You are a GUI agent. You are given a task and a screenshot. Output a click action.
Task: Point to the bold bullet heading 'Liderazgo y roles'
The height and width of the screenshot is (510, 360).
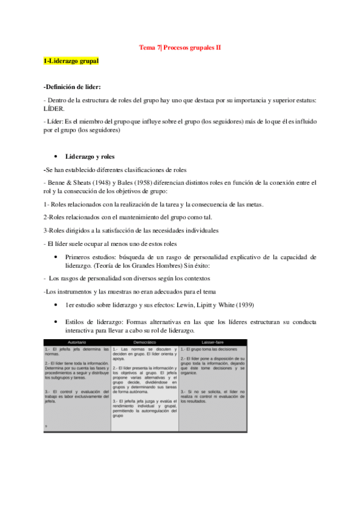click(x=91, y=156)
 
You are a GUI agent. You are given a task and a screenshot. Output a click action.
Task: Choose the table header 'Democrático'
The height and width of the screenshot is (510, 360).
click(x=144, y=342)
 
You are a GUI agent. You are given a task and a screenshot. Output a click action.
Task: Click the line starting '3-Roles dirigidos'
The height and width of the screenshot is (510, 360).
click(x=130, y=230)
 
